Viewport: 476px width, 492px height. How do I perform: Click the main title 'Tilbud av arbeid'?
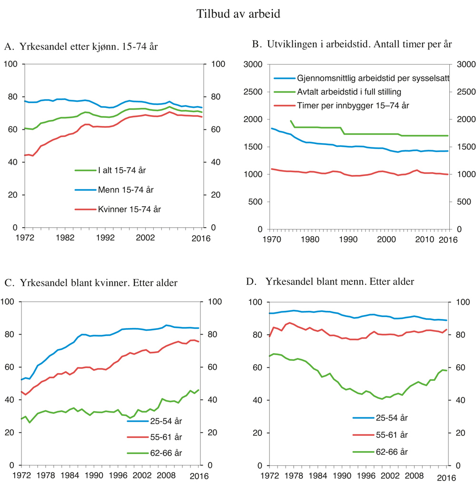coord(238,14)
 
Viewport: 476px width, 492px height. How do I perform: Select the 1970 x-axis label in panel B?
coord(272,239)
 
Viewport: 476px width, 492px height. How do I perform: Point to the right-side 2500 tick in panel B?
coord(465,92)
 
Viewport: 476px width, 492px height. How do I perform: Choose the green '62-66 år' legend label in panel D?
coord(392,452)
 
